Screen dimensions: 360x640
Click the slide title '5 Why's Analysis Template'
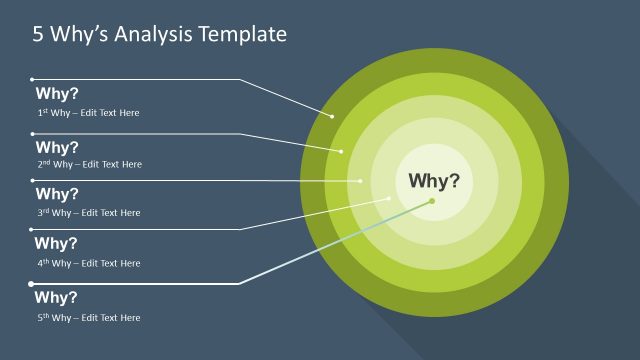[x=159, y=34]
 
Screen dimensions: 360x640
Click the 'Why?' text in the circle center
[x=434, y=181]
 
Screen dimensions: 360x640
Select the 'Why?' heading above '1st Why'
[x=57, y=95]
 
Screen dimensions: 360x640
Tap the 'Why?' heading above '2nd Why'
[x=57, y=147]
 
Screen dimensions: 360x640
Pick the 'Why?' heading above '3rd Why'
[x=57, y=194]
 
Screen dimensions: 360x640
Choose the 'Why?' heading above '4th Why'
[x=57, y=243]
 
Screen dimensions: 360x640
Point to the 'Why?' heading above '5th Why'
[x=57, y=297]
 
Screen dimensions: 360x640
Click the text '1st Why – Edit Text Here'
[x=88, y=113]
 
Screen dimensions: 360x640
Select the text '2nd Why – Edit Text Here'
[x=89, y=164]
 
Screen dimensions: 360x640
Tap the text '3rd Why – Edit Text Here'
[x=89, y=212]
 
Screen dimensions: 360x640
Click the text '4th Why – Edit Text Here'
[x=89, y=263]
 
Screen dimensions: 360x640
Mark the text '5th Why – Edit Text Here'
[x=89, y=317]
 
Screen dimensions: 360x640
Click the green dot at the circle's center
[x=432, y=201]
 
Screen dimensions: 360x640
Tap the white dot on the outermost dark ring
[x=332, y=115]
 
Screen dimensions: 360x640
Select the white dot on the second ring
[x=342, y=151]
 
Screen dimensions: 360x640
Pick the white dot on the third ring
[x=362, y=181]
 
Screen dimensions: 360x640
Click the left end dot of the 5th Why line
[x=31, y=284]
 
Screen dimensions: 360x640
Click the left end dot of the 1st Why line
[x=32, y=79]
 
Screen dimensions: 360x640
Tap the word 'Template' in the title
[x=244, y=34]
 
